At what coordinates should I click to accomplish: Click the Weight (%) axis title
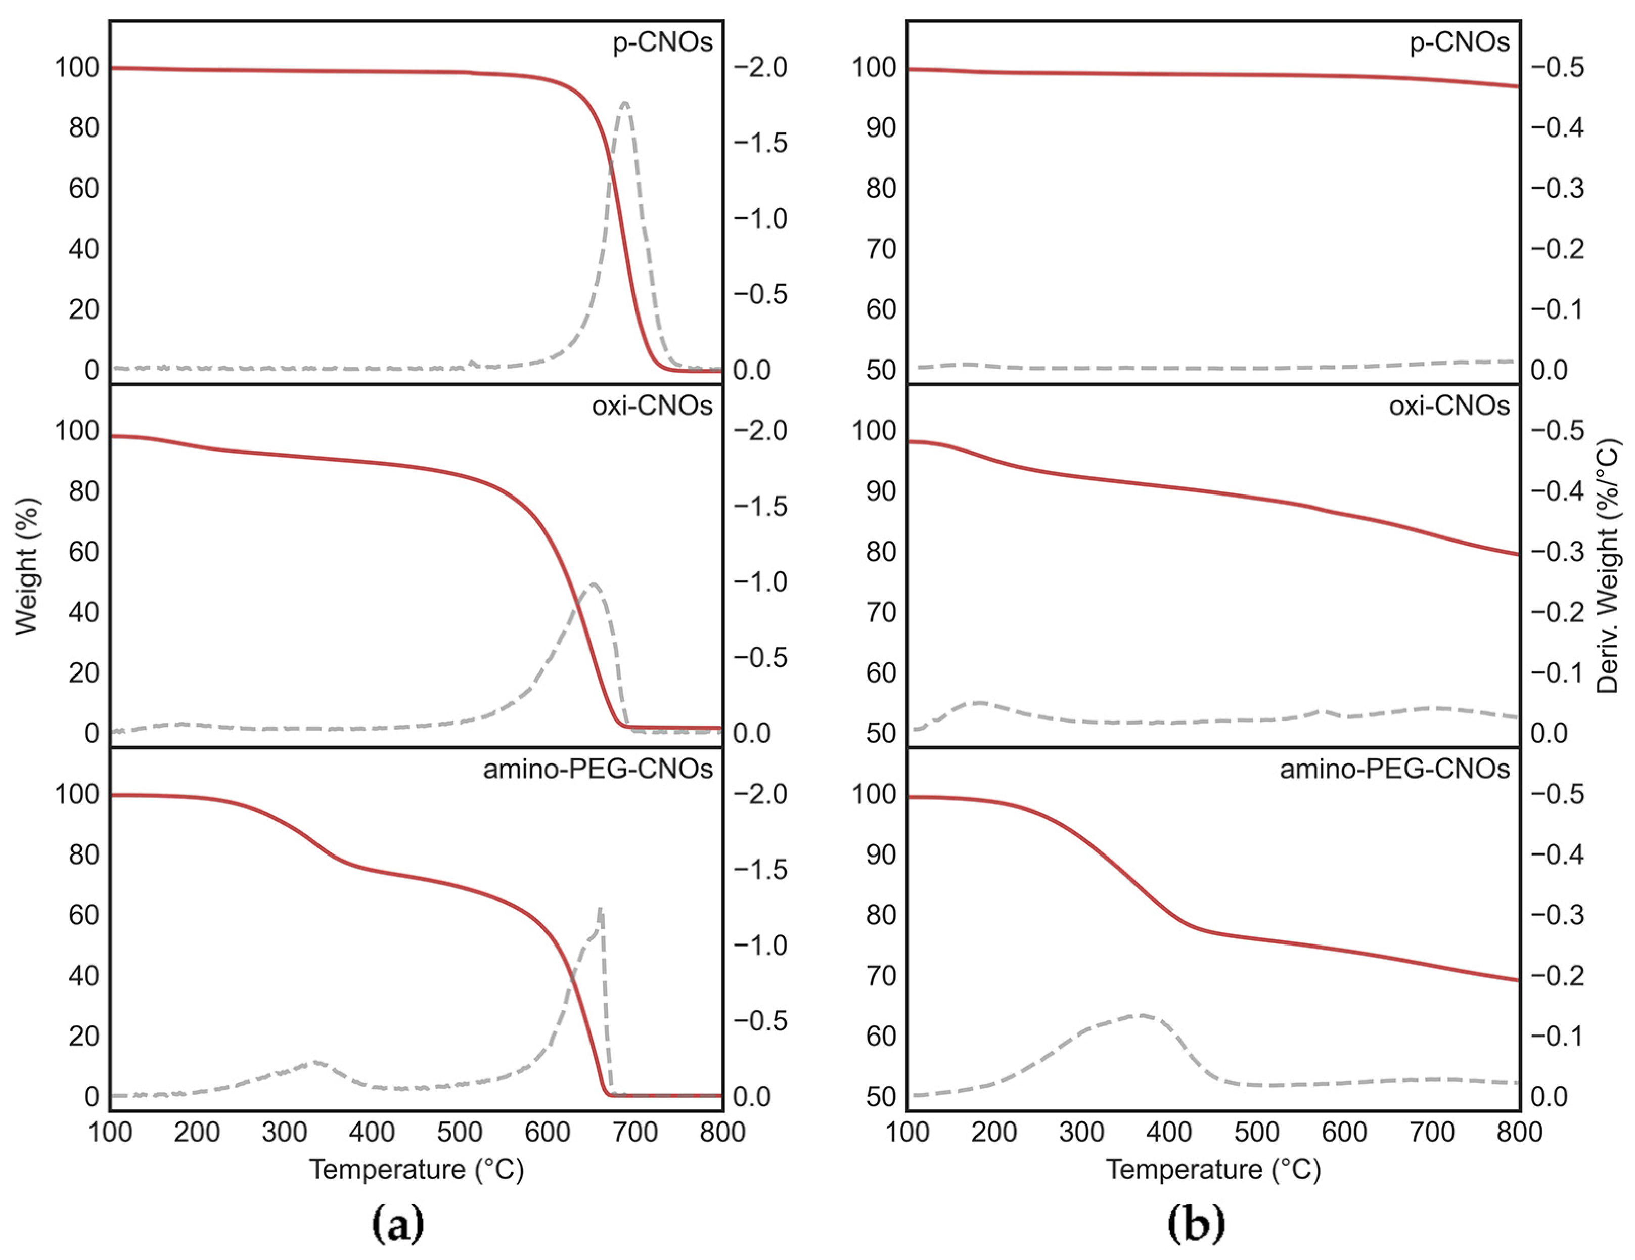pyautogui.click(x=26, y=567)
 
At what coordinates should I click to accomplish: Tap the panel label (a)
pyautogui.click(x=397, y=1223)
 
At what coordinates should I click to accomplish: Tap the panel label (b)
pyautogui.click(x=1196, y=1223)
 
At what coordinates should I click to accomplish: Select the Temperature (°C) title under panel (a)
pyautogui.click(x=416, y=1169)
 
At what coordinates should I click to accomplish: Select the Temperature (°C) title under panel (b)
pyautogui.click(x=1213, y=1169)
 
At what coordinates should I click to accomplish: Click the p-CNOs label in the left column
pyautogui.click(x=662, y=42)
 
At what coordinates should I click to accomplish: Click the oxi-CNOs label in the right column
pyautogui.click(x=1449, y=406)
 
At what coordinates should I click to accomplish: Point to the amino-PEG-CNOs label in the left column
pyautogui.click(x=598, y=769)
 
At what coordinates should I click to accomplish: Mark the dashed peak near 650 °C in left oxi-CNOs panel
pyautogui.click(x=593, y=584)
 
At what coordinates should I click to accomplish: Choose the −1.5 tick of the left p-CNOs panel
pyautogui.click(x=760, y=143)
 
